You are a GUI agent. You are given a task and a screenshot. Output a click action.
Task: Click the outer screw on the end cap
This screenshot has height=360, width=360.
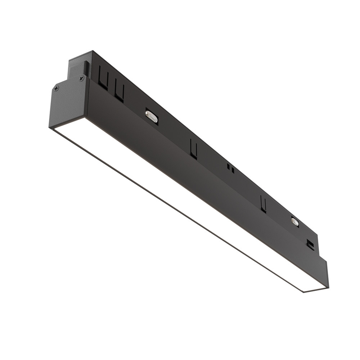56,88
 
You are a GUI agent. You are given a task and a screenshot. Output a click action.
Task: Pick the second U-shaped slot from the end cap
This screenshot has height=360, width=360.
120,92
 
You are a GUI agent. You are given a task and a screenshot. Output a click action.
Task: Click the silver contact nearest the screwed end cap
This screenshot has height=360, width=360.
152,117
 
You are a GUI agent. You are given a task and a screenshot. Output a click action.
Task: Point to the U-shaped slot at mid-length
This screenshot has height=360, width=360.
194,149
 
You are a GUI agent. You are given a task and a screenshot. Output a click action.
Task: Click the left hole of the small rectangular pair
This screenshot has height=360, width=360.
228,167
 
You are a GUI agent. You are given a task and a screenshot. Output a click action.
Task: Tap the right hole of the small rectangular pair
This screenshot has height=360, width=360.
233,170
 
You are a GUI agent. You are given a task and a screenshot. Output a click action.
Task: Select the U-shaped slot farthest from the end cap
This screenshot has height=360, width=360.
264,204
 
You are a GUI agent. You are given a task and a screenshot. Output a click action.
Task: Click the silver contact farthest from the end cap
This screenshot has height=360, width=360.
295,222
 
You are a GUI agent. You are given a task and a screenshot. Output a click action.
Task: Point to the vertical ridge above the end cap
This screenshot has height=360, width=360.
86,68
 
